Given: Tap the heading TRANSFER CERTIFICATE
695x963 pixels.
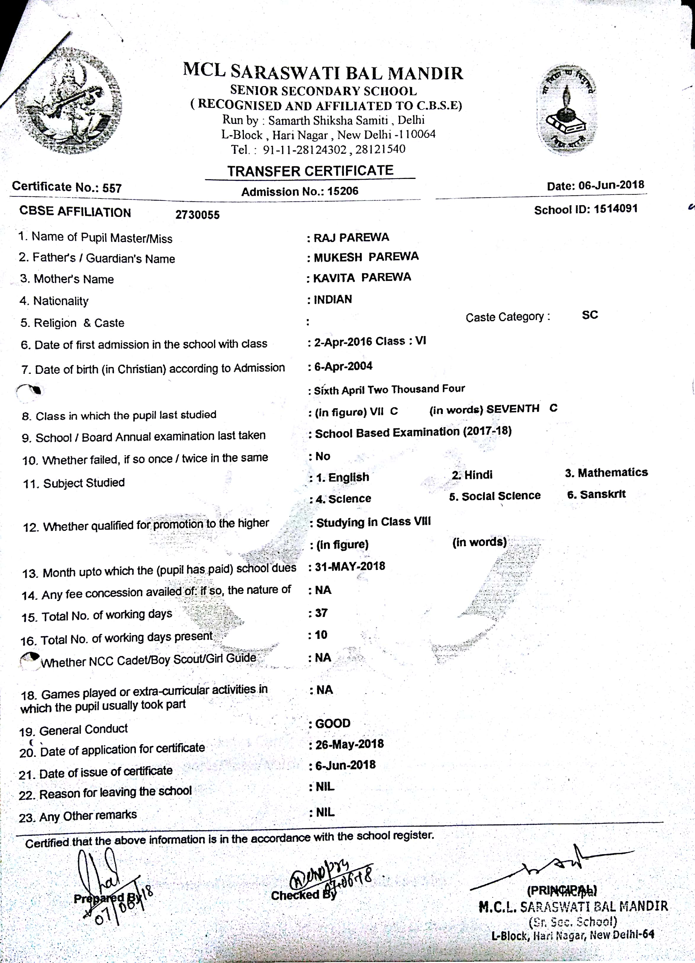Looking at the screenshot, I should (310, 171).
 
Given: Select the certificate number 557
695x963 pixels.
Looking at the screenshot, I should (112, 188).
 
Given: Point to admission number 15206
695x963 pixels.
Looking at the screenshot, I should (343, 191).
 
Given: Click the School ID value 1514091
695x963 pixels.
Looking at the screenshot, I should (616, 209).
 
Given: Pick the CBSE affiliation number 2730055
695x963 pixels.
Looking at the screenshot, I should (197, 215).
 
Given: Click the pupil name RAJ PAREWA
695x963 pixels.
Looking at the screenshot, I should (351, 237).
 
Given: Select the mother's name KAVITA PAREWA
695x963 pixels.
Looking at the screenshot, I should (362, 278).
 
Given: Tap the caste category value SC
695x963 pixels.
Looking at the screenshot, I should (590, 315).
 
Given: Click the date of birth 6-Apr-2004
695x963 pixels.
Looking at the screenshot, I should (343, 366).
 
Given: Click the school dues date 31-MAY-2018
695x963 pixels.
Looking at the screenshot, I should (350, 566).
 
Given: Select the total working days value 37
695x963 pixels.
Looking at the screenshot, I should (321, 613).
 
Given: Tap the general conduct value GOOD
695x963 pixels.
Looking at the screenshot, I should (333, 723).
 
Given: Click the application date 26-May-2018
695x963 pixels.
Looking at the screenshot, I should (349, 744).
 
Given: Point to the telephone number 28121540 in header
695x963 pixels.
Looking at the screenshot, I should (380, 149).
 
